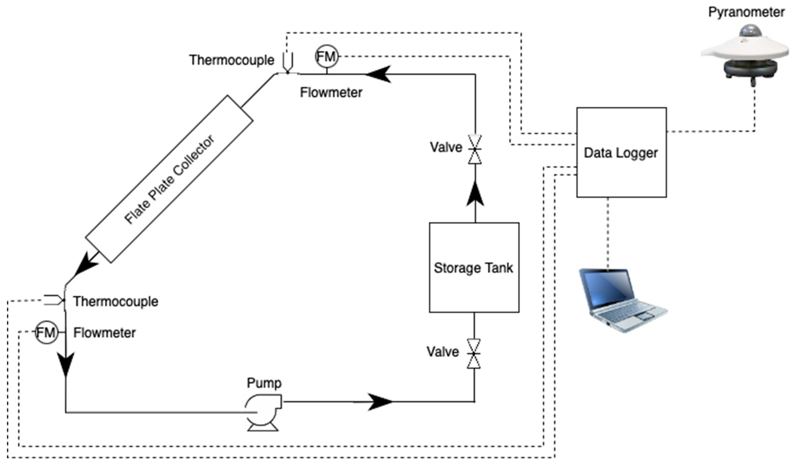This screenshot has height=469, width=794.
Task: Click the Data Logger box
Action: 621,152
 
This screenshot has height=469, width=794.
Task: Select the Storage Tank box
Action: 474,268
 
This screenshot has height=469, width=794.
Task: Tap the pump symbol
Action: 263,411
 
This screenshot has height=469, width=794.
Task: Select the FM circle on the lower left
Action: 47,333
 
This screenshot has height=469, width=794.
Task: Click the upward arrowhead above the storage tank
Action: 475,194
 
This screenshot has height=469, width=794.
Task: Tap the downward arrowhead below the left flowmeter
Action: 66,364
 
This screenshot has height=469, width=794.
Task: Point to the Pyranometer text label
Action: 746,12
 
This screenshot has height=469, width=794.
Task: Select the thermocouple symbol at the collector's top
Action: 288,63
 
